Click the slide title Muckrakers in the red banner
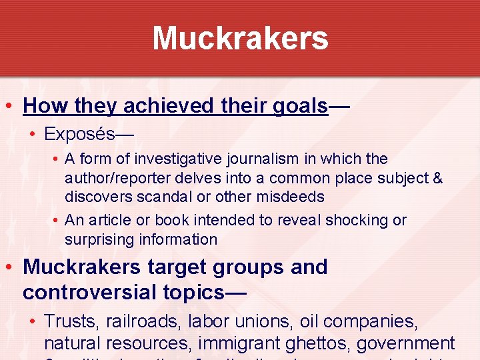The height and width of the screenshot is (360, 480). coord(240,38)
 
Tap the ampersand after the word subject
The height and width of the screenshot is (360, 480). coord(437,179)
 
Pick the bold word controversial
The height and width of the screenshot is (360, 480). coord(89,291)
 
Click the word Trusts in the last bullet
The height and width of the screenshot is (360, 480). coord(68,321)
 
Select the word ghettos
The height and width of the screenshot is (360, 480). coord(321,344)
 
